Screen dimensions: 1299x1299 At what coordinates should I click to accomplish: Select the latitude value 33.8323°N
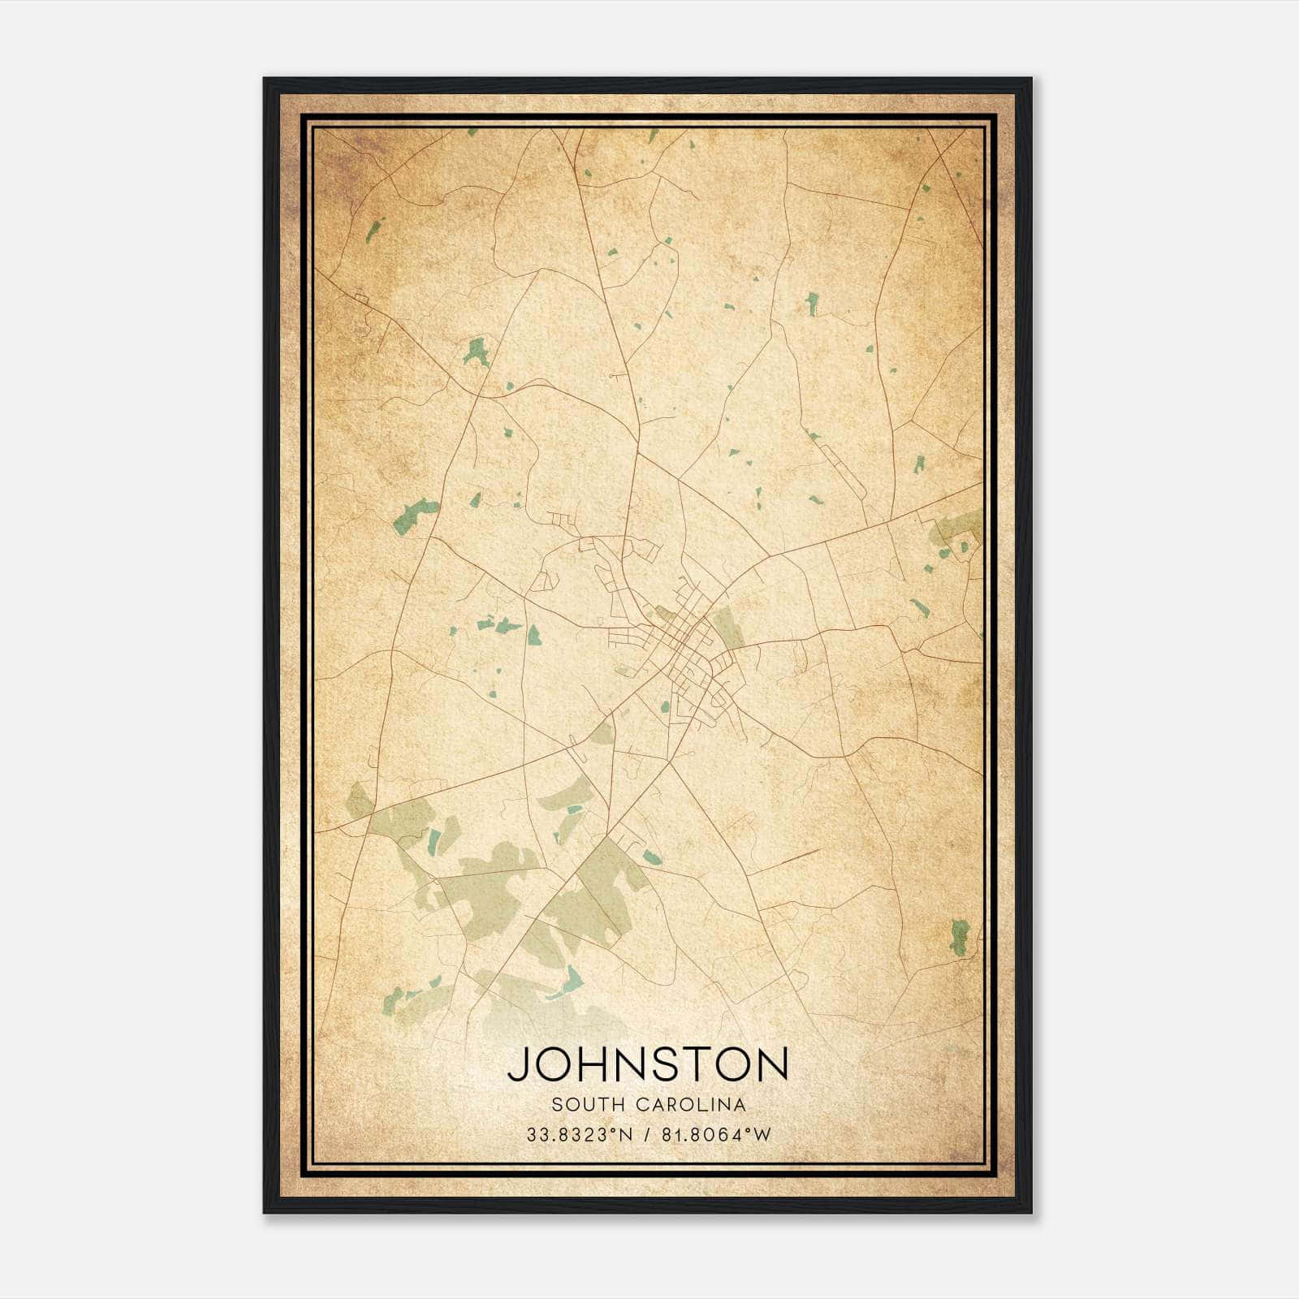[x=579, y=1135]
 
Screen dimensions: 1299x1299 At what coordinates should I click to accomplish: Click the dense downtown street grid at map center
[x=686, y=654]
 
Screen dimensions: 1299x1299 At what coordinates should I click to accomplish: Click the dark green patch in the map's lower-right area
[x=960, y=937]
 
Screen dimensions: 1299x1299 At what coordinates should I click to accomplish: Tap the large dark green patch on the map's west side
[x=415, y=516]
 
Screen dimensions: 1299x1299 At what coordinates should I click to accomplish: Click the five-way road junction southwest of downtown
[x=607, y=718]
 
